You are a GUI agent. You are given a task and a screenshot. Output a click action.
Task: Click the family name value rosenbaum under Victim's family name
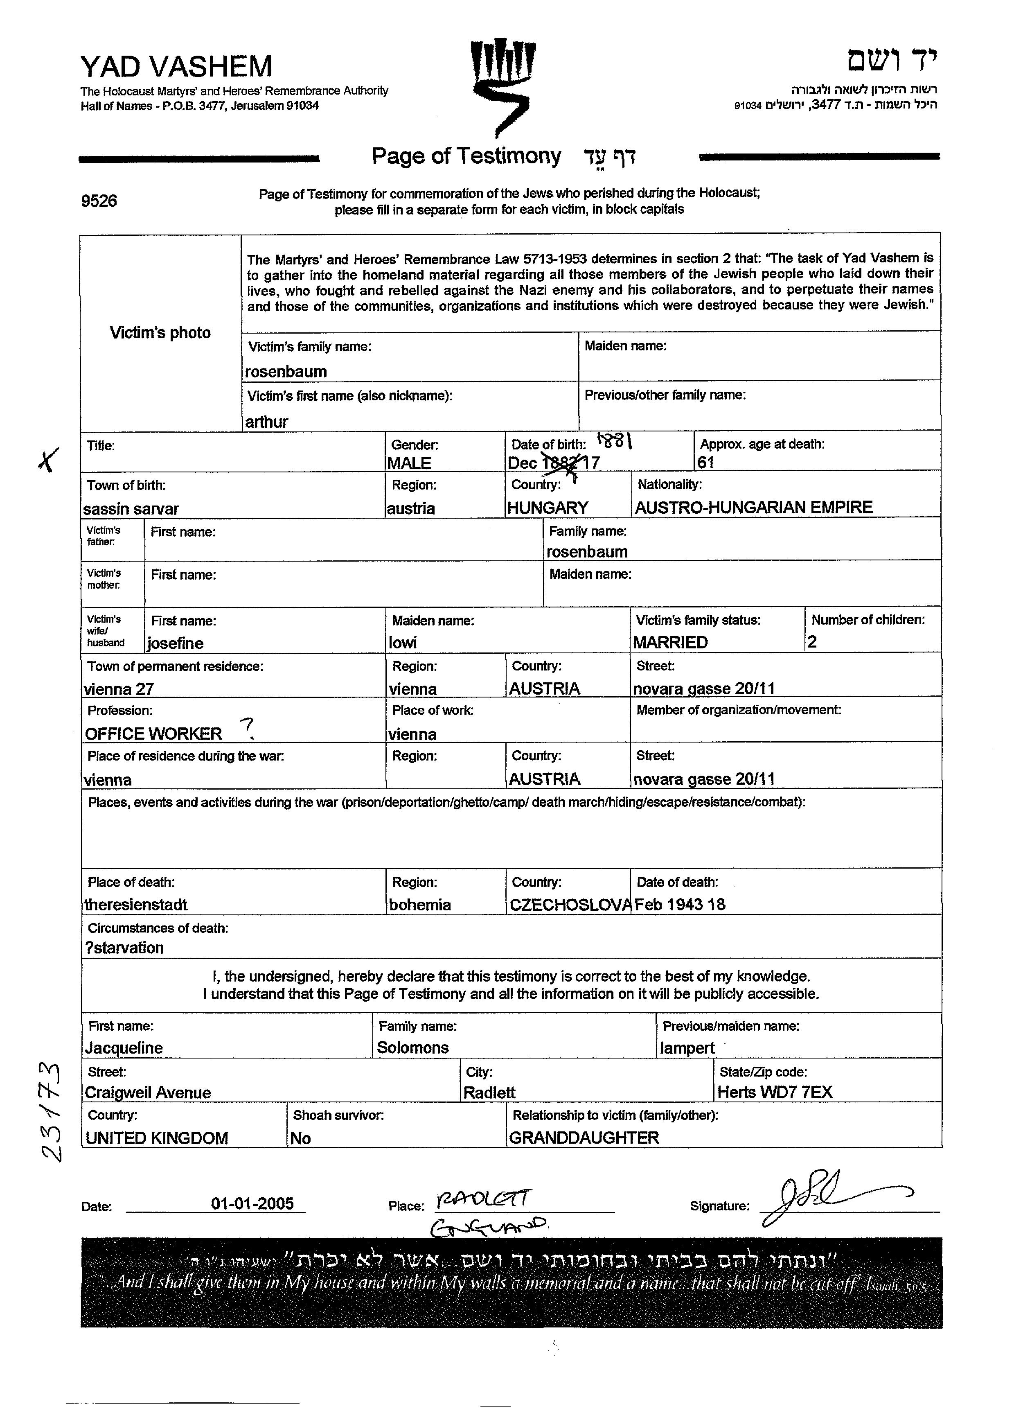[x=286, y=372]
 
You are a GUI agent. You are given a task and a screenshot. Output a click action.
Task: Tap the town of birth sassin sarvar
[x=131, y=509]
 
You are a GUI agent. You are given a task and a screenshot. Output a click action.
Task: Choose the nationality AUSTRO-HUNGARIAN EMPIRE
[x=753, y=507]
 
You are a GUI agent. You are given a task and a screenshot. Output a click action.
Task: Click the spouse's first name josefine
[x=176, y=643]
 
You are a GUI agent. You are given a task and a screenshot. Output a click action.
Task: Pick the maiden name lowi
[x=403, y=642]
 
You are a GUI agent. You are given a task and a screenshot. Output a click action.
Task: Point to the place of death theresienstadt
[x=136, y=905]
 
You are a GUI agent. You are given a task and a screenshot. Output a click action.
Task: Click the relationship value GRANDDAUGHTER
[x=584, y=1138]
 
